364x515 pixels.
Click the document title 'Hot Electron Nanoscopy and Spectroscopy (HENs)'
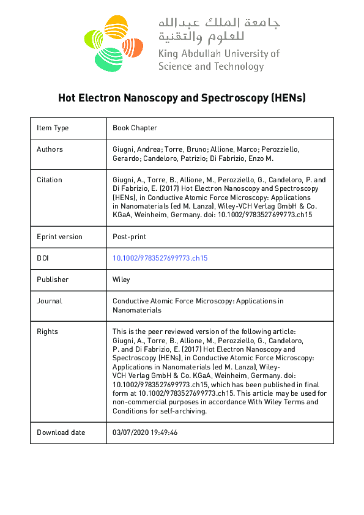pyautogui.click(x=182, y=97)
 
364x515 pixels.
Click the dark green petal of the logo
pyautogui.click(x=109, y=57)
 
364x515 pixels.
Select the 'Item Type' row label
pyautogui.click(x=53, y=128)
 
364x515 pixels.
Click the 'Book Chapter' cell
pyautogui.click(x=135, y=128)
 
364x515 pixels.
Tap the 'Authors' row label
pyautogui.click(x=50, y=149)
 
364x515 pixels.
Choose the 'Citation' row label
pyautogui.click(x=50, y=180)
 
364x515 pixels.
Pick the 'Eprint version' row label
pyautogui.click(x=59, y=237)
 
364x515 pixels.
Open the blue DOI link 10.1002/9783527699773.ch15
pyautogui.click(x=160, y=258)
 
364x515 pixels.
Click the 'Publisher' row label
pyautogui.click(x=53, y=280)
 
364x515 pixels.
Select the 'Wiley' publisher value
pyautogui.click(x=121, y=280)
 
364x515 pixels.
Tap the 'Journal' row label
pyautogui.click(x=50, y=301)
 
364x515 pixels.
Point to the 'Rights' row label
pyautogui.click(x=47, y=332)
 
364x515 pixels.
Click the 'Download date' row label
pyautogui.click(x=61, y=432)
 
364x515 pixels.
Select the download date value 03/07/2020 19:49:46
pyautogui.click(x=145, y=432)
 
